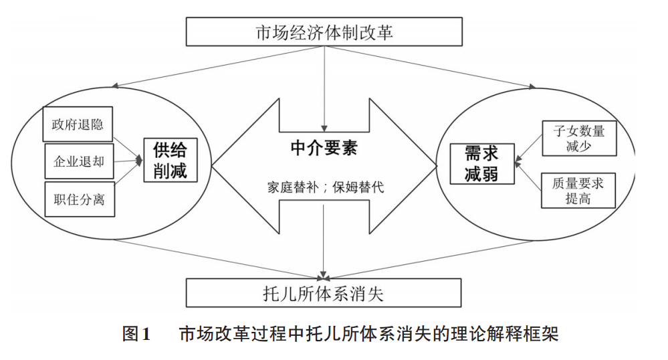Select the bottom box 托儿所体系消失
324,293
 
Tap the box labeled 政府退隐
78,124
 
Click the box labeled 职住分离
79,199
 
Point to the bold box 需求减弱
481,163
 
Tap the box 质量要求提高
578,190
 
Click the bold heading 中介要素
324,148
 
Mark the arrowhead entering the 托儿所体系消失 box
324,276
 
